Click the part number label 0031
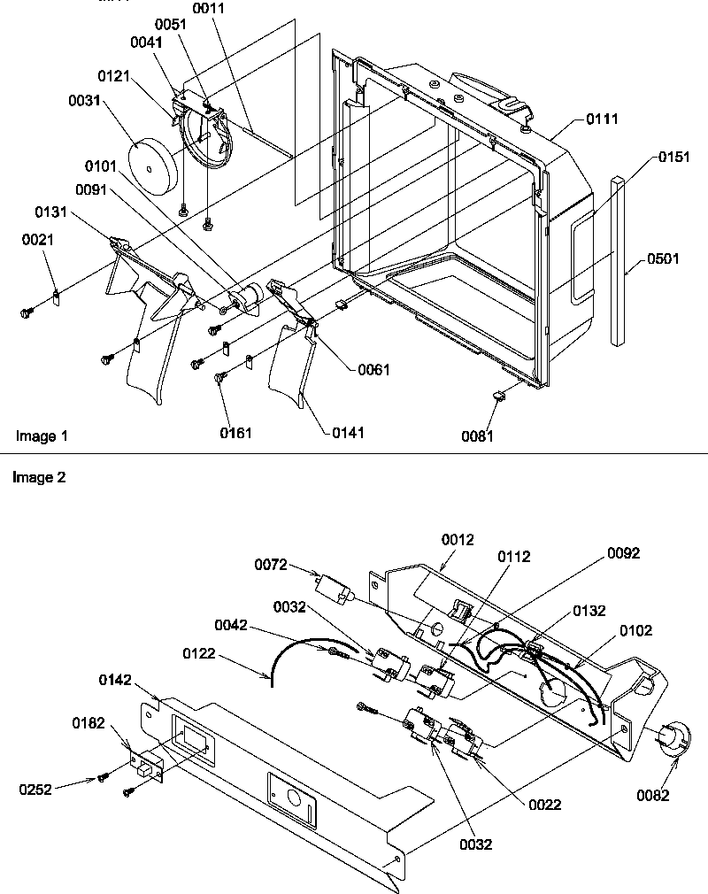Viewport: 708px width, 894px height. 84,103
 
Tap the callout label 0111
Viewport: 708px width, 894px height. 600,119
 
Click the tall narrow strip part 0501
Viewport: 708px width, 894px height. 617,261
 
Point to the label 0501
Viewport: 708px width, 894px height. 664,259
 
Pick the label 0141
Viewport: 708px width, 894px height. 348,433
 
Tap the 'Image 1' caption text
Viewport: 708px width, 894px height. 42,435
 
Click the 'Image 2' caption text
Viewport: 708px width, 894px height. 39,477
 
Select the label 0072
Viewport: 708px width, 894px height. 273,563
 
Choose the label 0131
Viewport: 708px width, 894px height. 53,212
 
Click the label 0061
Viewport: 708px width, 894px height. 373,369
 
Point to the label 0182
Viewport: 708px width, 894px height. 90,724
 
